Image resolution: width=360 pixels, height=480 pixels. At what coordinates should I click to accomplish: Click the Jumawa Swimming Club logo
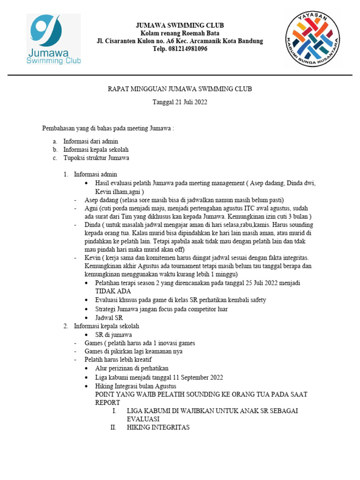click(53, 40)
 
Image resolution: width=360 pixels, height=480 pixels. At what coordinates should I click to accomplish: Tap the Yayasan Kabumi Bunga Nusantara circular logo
click(313, 39)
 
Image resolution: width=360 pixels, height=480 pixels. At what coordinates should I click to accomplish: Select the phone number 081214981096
click(180, 49)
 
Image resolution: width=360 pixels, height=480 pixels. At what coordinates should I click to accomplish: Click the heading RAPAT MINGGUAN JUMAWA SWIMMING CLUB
click(180, 89)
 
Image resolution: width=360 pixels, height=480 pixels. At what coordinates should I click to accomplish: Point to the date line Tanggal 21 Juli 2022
click(180, 102)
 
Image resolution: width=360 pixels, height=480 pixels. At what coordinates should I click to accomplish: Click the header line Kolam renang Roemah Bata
click(180, 33)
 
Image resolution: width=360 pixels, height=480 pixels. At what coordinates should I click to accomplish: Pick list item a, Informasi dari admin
click(90, 141)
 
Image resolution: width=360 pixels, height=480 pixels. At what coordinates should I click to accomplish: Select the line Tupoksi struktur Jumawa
click(96, 158)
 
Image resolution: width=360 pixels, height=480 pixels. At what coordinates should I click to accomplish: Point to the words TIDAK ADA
click(113, 292)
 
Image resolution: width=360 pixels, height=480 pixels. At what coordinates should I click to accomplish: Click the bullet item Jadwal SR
click(109, 317)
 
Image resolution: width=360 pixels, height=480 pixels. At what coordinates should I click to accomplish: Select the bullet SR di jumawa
click(113, 334)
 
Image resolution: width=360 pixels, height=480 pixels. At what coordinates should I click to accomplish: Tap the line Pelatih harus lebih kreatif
click(118, 360)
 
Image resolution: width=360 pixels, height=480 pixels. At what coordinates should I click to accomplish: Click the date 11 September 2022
click(191, 377)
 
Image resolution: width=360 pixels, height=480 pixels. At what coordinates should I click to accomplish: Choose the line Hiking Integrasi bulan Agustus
click(135, 386)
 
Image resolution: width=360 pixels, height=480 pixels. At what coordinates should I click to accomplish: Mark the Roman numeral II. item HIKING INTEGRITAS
click(158, 427)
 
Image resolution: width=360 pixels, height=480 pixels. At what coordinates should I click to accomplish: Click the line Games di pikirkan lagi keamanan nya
click(134, 351)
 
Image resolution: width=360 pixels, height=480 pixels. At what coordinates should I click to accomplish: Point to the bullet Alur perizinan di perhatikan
click(132, 368)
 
